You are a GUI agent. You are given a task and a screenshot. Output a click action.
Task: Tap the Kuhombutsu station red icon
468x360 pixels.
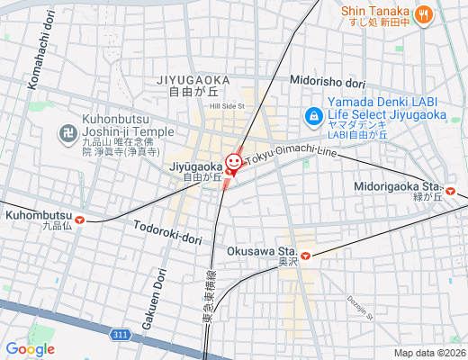coord(81,219)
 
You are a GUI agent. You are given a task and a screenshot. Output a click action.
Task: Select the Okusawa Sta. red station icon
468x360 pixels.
coord(306,255)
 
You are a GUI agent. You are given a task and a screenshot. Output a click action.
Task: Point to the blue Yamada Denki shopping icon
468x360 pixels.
coord(313,115)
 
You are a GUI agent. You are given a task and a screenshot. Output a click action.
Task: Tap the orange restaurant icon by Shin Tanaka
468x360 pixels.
coord(423,13)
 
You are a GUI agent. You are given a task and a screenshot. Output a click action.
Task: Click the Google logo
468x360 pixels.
coord(30,349)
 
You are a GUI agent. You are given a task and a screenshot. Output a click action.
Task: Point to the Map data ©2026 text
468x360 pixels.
coord(428,353)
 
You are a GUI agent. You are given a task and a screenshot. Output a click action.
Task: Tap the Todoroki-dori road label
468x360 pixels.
coord(167,233)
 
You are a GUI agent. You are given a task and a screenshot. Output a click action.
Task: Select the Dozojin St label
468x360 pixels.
coord(359,308)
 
